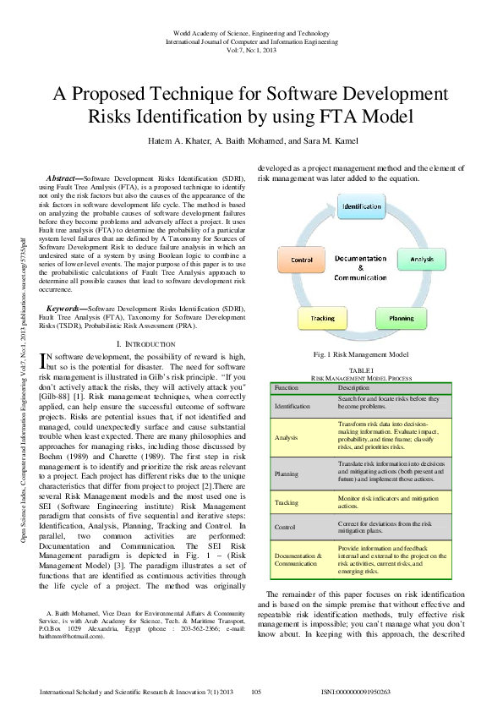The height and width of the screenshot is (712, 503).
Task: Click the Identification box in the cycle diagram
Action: tap(361, 206)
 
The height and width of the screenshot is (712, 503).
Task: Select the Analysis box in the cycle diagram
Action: tap(422, 258)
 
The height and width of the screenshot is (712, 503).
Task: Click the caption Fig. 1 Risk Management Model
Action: tap(361, 354)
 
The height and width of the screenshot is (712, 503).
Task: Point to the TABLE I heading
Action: tap(361, 370)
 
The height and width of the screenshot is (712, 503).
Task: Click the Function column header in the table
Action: tap(287, 387)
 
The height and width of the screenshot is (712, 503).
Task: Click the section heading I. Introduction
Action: tap(143, 344)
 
